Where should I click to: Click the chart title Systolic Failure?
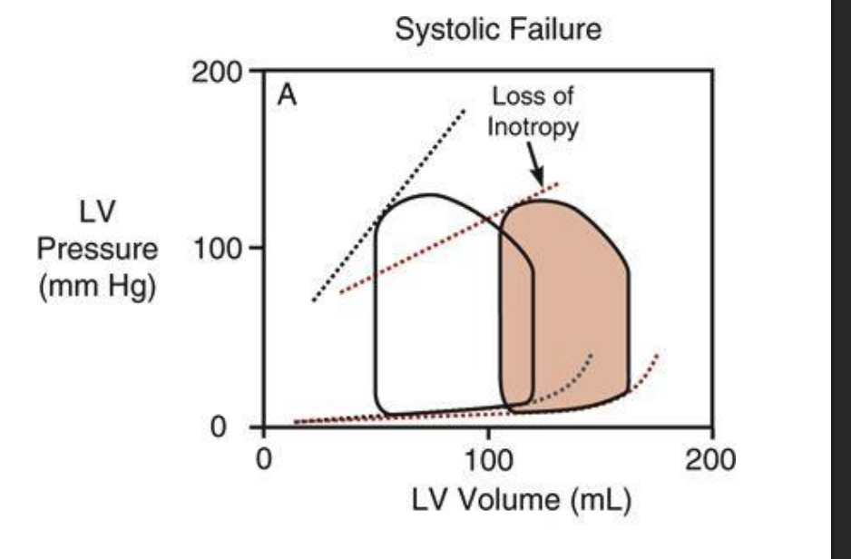click(x=498, y=30)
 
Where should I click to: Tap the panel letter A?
click(x=287, y=96)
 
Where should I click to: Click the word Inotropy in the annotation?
click(x=532, y=126)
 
